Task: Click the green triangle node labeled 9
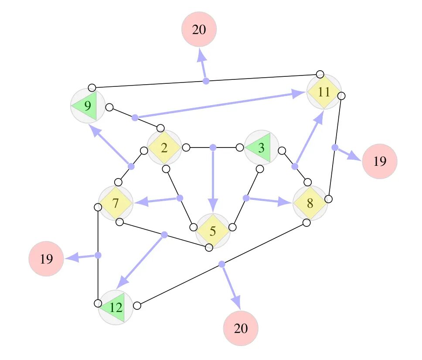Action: pyautogui.click(x=87, y=106)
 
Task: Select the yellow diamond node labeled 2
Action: pyautogui.click(x=164, y=147)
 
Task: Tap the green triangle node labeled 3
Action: pyautogui.click(x=261, y=147)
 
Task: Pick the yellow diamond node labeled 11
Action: pyautogui.click(x=324, y=92)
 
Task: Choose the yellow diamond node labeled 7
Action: pyautogui.click(x=116, y=203)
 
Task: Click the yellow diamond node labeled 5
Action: pyautogui.click(x=212, y=231)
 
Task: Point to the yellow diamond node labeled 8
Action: pyautogui.click(x=310, y=203)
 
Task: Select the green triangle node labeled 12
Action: pyautogui.click(x=116, y=307)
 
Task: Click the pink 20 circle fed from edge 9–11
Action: pyautogui.click(x=199, y=29)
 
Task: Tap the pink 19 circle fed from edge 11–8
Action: pyautogui.click(x=380, y=161)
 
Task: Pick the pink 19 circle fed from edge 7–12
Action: pyautogui.click(x=46, y=259)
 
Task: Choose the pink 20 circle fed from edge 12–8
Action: pyautogui.click(x=241, y=328)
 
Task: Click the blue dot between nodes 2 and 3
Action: pyautogui.click(x=213, y=147)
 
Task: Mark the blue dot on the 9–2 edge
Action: pyautogui.click(x=135, y=117)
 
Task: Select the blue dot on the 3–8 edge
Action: pyautogui.click(x=295, y=166)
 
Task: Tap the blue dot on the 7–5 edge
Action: pyautogui.click(x=164, y=235)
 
